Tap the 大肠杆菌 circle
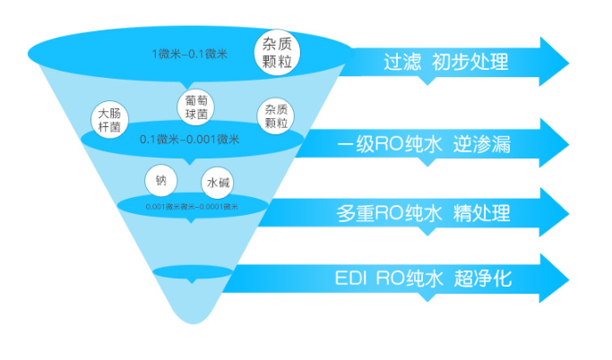(x=111, y=119)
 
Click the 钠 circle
(x=161, y=179)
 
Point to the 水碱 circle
(x=218, y=183)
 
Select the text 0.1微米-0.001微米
(x=190, y=139)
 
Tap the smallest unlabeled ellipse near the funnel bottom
(x=193, y=271)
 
